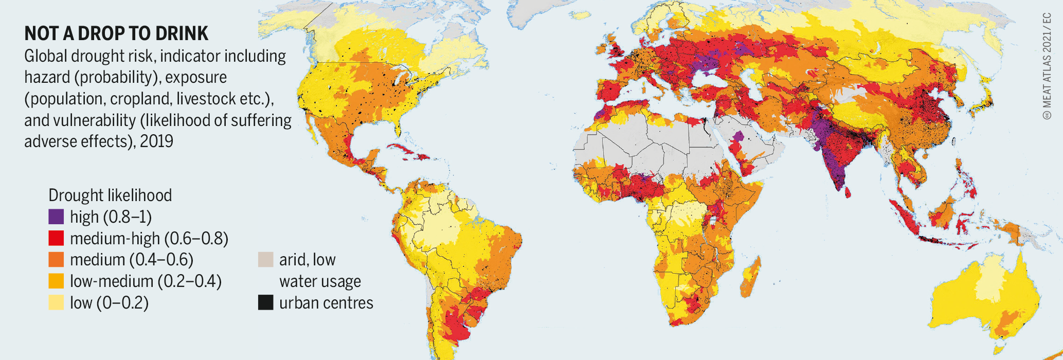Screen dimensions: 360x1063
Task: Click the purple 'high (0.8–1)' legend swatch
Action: [56, 217]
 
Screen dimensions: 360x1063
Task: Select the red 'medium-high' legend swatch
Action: [56, 238]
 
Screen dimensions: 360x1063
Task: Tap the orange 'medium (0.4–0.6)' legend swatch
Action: [56, 260]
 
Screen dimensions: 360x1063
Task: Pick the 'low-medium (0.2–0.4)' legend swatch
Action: [56, 281]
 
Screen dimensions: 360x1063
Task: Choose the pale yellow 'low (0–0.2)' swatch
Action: [56, 303]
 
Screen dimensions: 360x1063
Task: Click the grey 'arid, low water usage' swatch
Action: [265, 260]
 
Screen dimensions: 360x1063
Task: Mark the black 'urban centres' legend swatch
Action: [265, 303]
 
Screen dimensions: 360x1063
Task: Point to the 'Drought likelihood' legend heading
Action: [110, 195]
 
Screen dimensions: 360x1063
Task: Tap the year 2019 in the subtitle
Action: [156, 141]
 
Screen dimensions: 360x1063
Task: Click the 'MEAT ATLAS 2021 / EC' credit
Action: [1047, 67]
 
